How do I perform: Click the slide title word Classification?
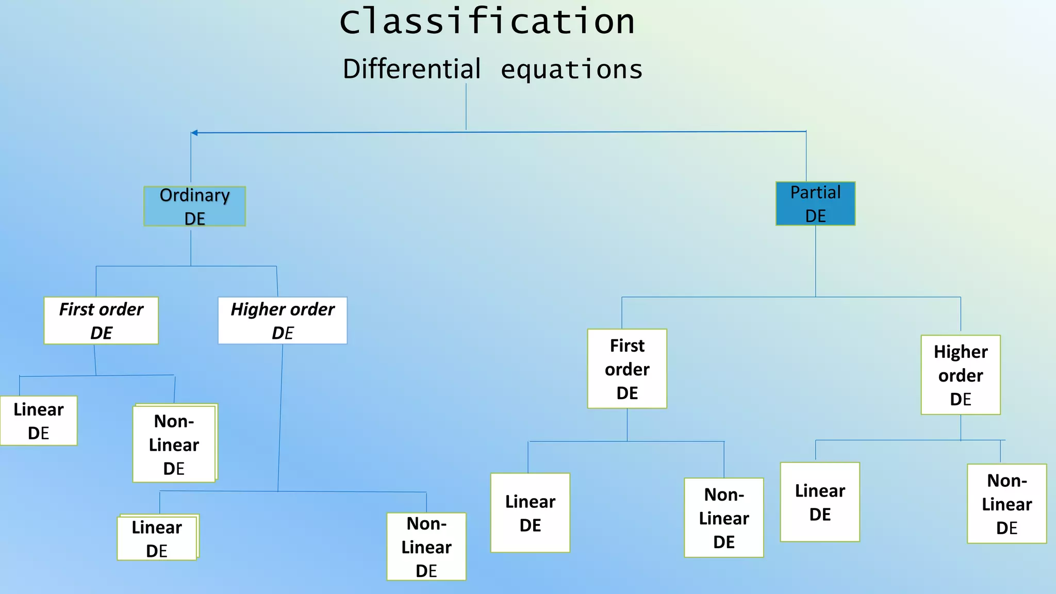[487, 22]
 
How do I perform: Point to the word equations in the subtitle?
[571, 70]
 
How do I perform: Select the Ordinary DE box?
[194, 206]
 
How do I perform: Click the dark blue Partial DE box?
[815, 204]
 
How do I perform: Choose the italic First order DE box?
[101, 320]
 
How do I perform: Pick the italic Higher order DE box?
[283, 320]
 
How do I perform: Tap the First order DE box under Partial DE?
[627, 369]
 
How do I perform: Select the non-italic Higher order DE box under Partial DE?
[961, 375]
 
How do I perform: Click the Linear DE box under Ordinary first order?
[39, 421]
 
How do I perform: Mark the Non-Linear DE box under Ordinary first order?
[174, 444]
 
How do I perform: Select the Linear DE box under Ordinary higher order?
[157, 538]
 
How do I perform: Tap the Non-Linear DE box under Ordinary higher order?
[426, 547]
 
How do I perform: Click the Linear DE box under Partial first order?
[530, 513]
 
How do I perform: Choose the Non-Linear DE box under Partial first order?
[724, 518]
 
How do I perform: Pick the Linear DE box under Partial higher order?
[820, 502]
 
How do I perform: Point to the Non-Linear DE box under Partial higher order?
[1006, 504]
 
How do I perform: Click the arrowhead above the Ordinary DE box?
[194, 133]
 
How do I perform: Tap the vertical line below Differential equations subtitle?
[466, 107]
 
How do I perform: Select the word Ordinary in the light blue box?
[194, 195]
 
